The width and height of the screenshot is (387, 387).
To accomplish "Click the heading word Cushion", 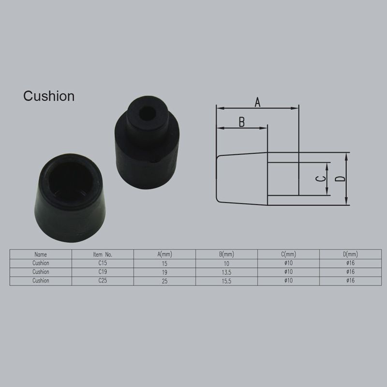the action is click(49, 96).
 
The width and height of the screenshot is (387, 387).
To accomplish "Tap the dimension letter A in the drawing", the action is click(257, 102).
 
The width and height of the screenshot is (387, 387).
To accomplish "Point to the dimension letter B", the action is click(242, 122).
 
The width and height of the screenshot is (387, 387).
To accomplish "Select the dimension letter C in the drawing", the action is click(321, 178).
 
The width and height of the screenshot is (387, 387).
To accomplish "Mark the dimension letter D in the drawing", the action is click(341, 179).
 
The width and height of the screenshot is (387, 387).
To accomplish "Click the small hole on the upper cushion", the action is click(147, 113).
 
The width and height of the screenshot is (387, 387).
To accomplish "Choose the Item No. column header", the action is click(103, 254).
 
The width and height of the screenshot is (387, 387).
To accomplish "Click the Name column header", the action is click(41, 254).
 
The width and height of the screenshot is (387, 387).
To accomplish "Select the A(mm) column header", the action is click(164, 254).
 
